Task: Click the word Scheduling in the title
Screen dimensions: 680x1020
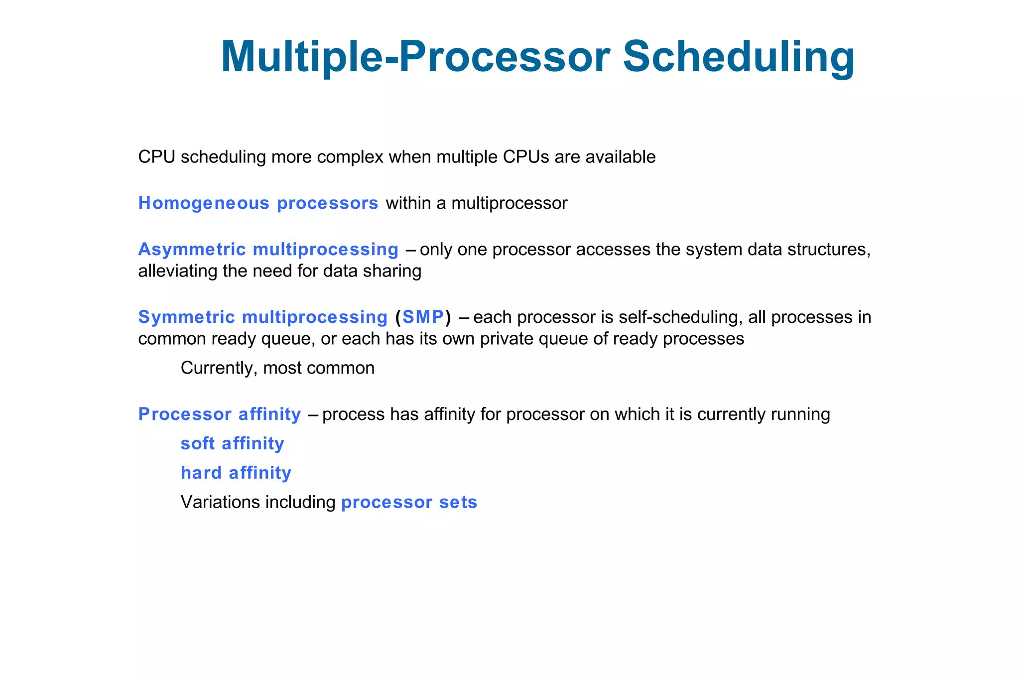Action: coord(739,57)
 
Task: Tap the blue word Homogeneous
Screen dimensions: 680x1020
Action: coord(204,203)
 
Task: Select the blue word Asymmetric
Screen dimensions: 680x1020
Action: coord(192,250)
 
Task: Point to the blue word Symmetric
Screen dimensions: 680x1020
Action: coord(186,317)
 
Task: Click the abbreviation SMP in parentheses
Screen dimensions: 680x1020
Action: coord(423,317)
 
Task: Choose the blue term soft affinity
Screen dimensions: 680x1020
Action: coord(232,443)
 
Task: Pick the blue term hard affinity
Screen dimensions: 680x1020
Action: coord(236,473)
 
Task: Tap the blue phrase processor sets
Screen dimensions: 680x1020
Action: coord(409,502)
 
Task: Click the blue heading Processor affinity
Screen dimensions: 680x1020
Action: coord(219,414)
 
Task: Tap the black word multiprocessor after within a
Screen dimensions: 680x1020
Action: coord(509,203)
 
